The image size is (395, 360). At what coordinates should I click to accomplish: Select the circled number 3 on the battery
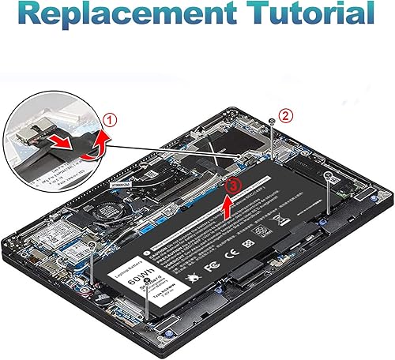click(x=231, y=186)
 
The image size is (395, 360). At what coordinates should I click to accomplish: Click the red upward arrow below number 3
click(x=228, y=208)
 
